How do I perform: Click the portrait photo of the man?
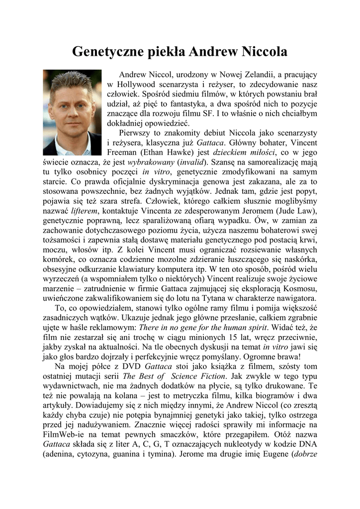point(72,112)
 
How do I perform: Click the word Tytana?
point(220,298)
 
